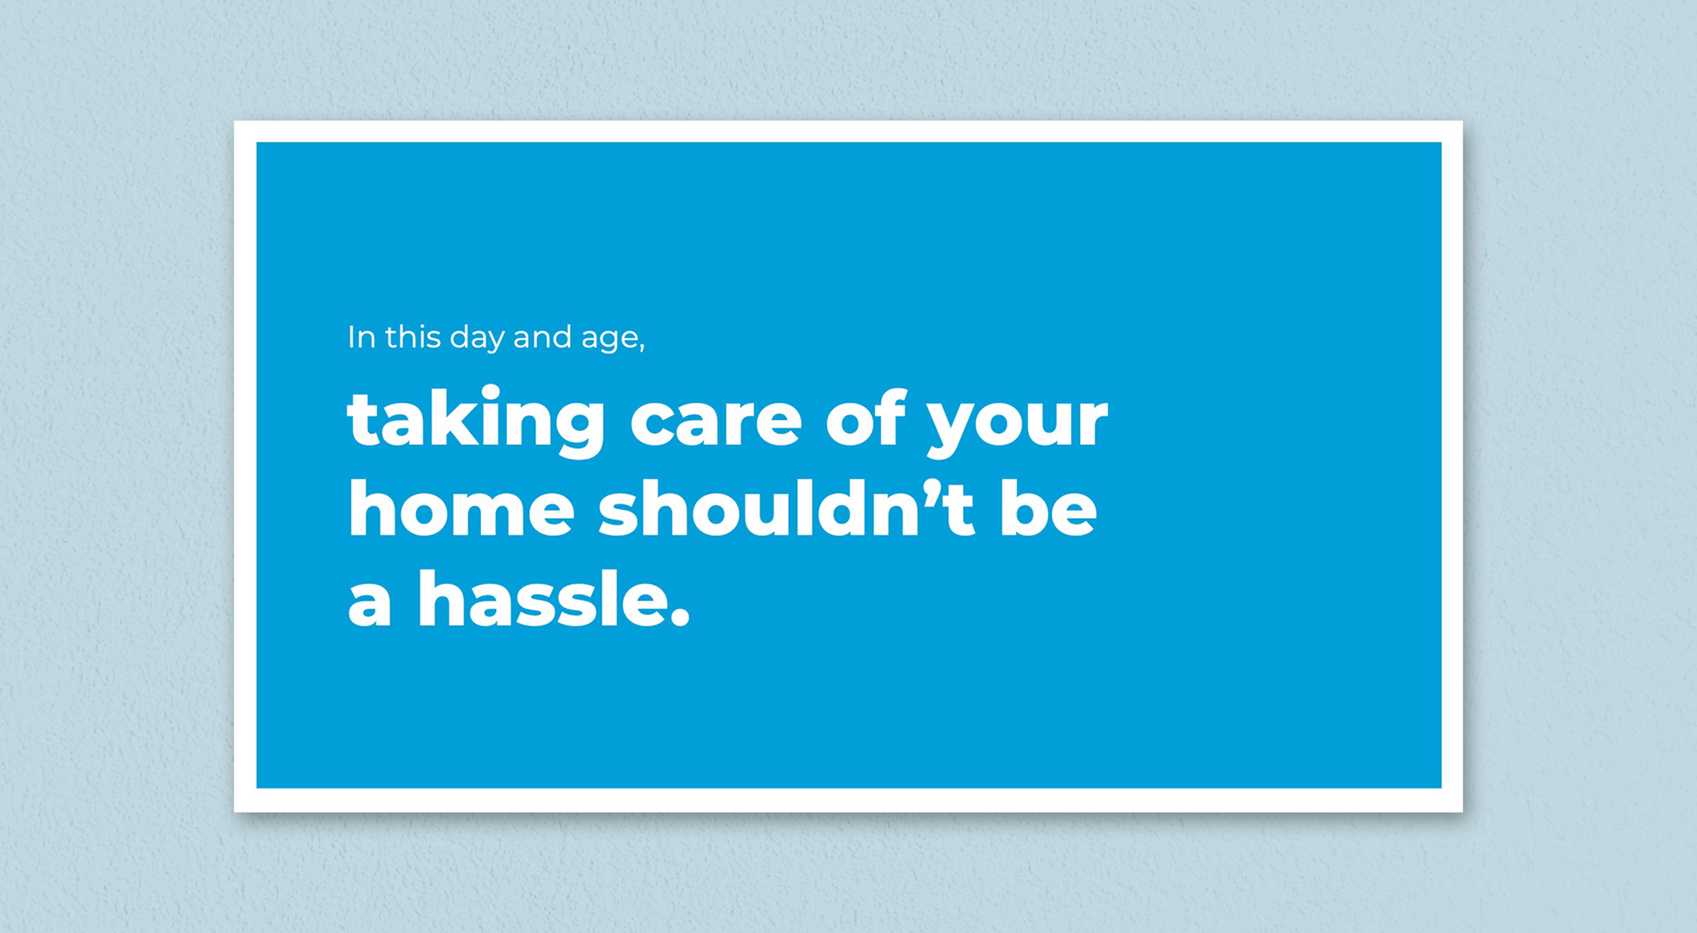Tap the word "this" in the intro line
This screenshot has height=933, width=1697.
(x=413, y=336)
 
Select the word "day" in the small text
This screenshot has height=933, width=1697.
(x=477, y=340)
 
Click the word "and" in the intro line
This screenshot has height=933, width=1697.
(x=542, y=336)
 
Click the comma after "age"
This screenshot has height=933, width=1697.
(x=642, y=347)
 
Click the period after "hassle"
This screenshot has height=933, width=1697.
(x=681, y=617)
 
